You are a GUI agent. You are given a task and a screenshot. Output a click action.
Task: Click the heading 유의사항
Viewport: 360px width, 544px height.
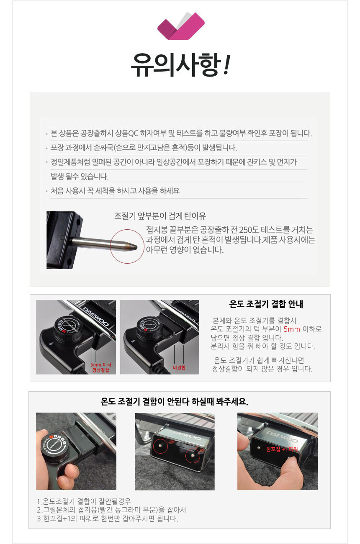point(180,65)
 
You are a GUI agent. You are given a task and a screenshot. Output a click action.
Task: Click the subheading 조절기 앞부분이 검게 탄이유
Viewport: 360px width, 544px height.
point(160,216)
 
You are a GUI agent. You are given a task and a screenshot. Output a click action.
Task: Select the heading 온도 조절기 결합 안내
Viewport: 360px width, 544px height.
point(266,304)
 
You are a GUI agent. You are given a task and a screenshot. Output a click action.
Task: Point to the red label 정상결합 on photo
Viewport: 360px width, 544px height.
point(100,370)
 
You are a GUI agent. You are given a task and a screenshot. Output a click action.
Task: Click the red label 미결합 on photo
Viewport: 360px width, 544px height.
point(179,367)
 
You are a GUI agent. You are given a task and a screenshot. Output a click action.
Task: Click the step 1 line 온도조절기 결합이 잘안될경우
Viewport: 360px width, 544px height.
point(84,501)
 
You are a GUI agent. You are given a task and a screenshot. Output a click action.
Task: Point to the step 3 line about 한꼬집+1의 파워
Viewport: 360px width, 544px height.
point(107,519)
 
